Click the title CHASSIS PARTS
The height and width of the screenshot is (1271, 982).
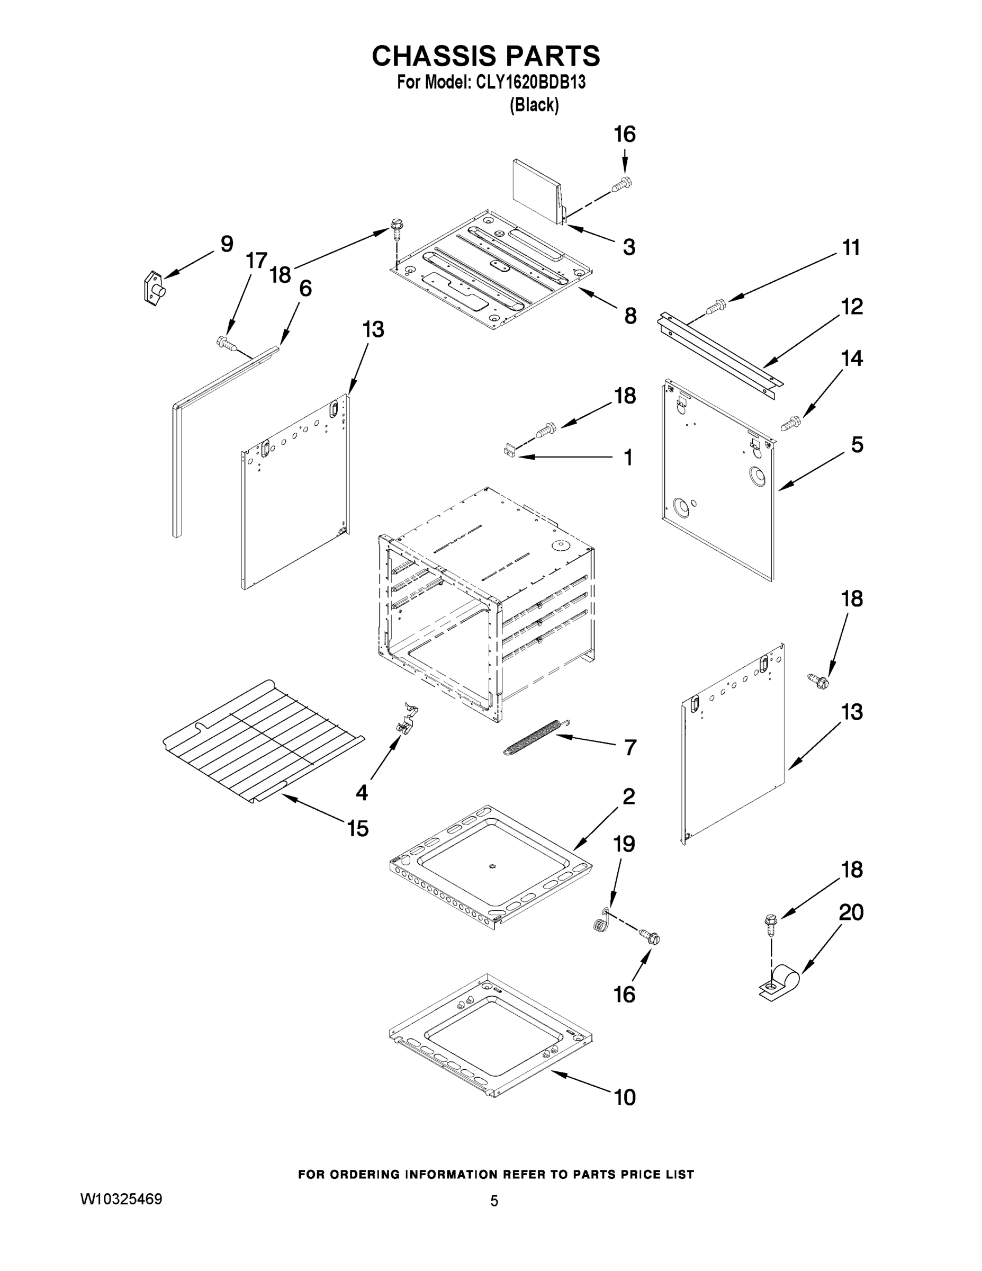485,57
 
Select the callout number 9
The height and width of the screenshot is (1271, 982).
226,244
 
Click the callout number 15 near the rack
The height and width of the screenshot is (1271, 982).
358,828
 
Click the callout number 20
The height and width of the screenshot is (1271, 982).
851,912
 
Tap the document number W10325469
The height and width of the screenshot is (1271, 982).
121,1199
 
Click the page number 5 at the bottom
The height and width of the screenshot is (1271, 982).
494,1201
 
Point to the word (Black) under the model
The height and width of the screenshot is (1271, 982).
534,105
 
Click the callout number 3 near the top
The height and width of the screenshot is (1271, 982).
628,247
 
